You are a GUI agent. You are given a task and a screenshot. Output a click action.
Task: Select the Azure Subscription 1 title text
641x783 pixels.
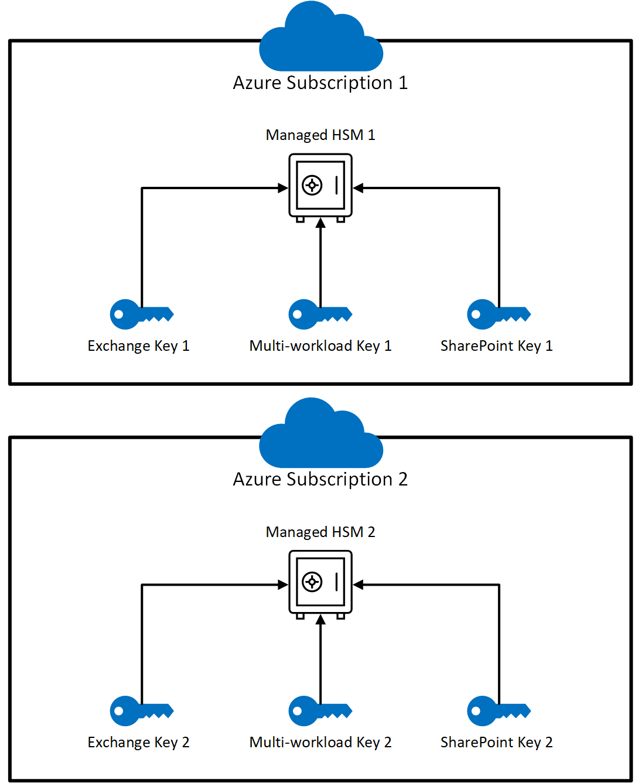tap(320, 83)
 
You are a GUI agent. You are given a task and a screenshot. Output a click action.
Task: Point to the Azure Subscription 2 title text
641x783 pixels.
tap(320, 480)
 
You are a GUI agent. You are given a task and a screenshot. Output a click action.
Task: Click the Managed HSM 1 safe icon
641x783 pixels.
tap(320, 186)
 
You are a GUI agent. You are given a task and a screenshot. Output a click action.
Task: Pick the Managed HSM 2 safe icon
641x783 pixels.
tap(320, 583)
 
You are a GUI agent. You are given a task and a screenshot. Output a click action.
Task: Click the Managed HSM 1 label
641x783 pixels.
tap(320, 135)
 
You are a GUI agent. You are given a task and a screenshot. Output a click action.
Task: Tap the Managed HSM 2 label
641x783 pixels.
tap(320, 532)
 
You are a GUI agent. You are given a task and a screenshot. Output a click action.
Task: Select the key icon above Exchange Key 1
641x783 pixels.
tap(141, 314)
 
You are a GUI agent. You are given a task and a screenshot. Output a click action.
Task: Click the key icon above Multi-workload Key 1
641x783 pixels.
tap(319, 314)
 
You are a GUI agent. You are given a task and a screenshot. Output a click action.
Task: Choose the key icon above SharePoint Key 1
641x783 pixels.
tap(498, 314)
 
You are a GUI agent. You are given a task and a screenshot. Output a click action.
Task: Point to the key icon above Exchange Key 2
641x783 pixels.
tap(141, 711)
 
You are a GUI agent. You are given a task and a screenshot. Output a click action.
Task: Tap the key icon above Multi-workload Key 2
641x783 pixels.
tap(319, 711)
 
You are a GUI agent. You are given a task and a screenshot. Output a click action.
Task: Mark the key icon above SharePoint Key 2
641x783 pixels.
tap(498, 711)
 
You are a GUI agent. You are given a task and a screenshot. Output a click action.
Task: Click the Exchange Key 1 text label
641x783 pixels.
tap(138, 346)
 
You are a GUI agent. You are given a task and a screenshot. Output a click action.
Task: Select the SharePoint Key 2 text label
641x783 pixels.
tap(496, 743)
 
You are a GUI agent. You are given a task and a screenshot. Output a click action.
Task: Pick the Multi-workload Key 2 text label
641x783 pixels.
tap(320, 743)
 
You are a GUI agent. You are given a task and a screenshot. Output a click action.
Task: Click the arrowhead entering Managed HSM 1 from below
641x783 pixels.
tap(320, 223)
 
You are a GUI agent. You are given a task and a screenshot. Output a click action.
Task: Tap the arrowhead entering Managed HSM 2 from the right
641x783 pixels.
tap(359, 584)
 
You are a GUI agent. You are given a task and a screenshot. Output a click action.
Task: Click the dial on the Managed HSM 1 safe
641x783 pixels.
tap(312, 186)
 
